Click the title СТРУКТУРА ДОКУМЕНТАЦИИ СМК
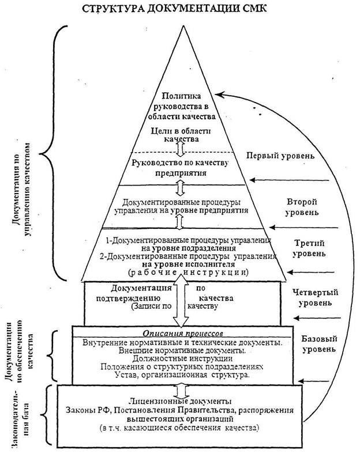(174, 9)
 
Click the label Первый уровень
(280, 156)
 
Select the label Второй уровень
(302, 207)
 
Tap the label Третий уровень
(309, 248)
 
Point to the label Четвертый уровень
(315, 297)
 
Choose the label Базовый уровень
(319, 344)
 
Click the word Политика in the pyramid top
(182, 96)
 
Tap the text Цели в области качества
(181, 135)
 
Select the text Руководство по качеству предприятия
(180, 168)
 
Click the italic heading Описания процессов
(183, 333)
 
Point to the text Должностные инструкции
(182, 358)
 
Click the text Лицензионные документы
(181, 401)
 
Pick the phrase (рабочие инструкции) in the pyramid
(188, 273)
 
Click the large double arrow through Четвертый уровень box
(181, 300)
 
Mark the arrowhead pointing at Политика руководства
(219, 95)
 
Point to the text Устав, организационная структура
(182, 375)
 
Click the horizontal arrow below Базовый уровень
(314, 381)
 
